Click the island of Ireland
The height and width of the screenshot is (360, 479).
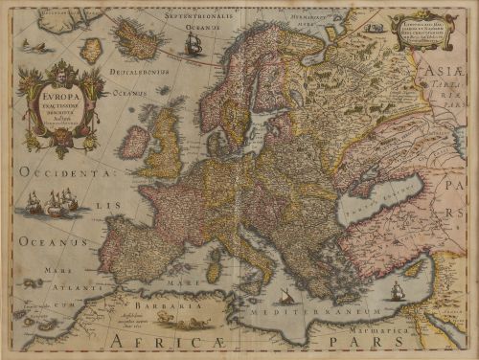point(136,142)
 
